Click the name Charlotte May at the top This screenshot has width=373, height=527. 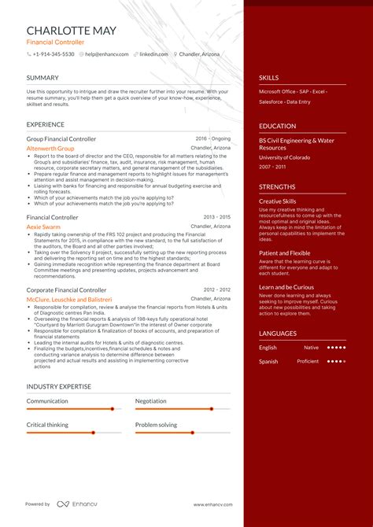pos(72,31)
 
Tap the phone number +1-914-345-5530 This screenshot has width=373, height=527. pos(54,54)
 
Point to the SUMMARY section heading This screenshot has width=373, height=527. pos(42,78)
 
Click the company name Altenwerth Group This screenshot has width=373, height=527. pos(50,148)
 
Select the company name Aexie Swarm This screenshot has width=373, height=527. pos(44,226)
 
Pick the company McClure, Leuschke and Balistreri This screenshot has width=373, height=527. pos(69,300)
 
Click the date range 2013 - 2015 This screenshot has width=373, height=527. pos(216,216)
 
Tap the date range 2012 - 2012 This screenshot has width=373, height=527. pos(216,290)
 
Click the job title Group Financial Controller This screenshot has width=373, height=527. pos(61,138)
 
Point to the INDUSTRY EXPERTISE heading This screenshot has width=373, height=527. pos(58,387)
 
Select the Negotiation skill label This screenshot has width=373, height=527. pos(150,401)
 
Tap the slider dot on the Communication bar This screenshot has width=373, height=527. pos(113,409)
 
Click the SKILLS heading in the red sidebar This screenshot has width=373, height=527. pos(269,78)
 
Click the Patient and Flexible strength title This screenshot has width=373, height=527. pos(285,252)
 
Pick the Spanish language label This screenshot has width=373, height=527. pos(268,361)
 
